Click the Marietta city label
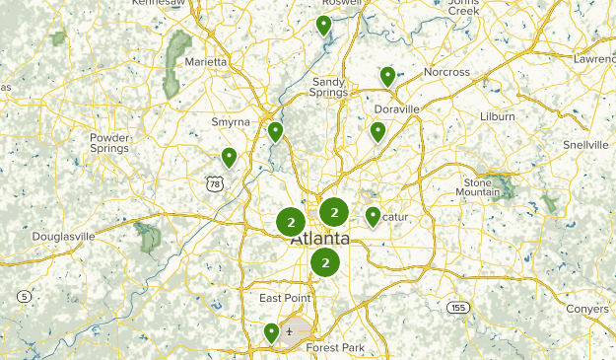coord(206,61)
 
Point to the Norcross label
coord(446,73)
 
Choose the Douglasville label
coord(63,237)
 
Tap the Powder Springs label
coord(109,143)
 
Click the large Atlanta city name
coord(319,240)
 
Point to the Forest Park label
coord(335,348)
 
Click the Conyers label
coord(587,309)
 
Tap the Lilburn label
coord(499,116)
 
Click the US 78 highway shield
coord(216,182)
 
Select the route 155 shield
coord(456,308)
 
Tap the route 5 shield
coord(24,296)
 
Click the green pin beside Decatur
coord(373,216)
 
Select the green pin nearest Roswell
coord(323,26)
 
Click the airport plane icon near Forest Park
coord(289,332)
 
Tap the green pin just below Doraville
coord(377,131)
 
